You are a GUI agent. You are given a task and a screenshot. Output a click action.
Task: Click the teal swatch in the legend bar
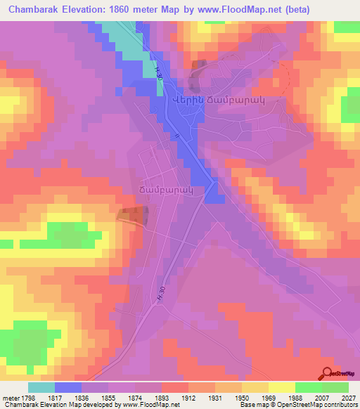(41, 387)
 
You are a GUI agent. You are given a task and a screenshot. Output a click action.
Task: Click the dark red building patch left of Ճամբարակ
(131, 216)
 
